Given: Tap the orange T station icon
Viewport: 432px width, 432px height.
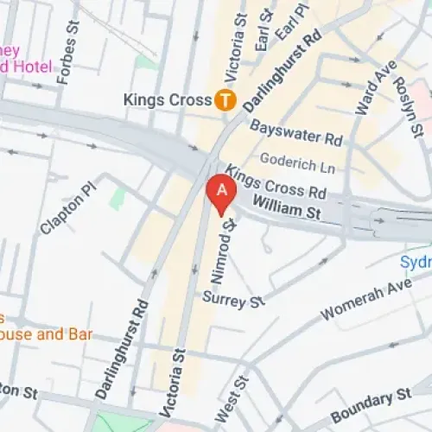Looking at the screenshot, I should tap(226, 100).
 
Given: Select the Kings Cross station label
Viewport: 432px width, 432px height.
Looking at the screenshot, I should tap(168, 100).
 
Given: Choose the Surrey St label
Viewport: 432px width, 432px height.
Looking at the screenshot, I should tap(232, 300).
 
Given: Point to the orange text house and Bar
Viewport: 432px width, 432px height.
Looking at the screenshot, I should tap(46, 334).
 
